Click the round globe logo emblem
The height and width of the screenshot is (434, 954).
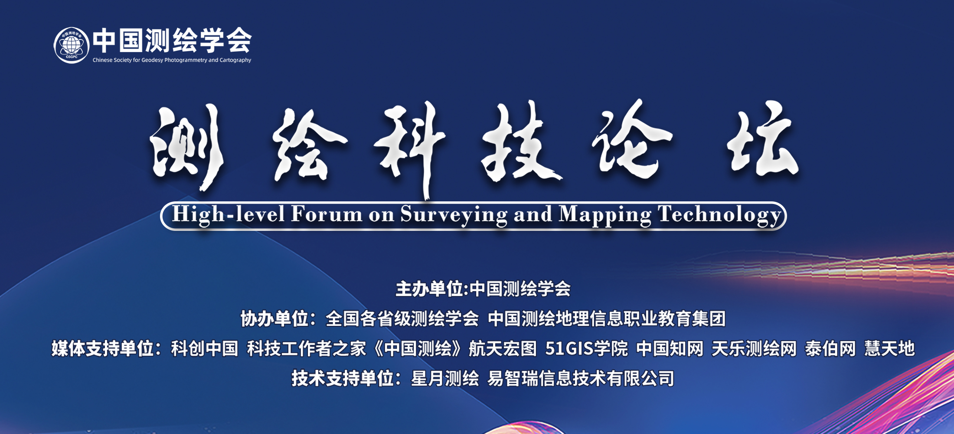point(72,45)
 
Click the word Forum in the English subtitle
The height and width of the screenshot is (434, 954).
point(327,214)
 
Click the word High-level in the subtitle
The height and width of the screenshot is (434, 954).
point(229,214)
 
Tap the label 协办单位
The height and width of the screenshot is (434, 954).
point(275,319)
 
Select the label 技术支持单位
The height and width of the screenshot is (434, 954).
point(343,378)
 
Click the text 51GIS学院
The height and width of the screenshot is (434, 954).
point(586,349)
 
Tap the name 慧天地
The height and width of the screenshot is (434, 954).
point(889,349)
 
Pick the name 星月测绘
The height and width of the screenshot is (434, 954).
point(445,378)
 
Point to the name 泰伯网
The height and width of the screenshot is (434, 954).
point(830,349)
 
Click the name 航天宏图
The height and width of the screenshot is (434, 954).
point(503,349)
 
